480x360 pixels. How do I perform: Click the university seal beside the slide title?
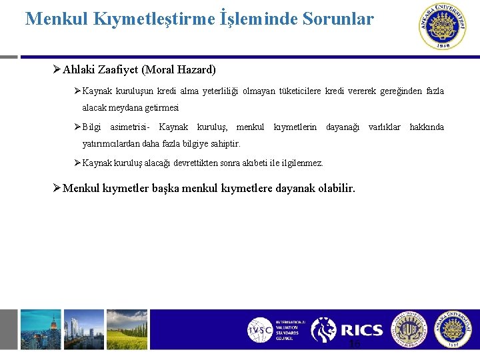click(x=443, y=27)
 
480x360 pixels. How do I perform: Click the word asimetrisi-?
click(x=130, y=127)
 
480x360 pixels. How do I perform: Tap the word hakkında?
click(x=427, y=127)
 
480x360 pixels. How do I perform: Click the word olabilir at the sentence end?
click(x=335, y=189)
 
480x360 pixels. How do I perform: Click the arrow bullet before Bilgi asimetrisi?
click(x=77, y=127)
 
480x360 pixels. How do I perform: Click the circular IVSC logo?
click(x=259, y=330)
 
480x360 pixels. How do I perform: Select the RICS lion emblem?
click(x=324, y=330)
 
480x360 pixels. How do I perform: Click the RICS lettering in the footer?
click(x=362, y=330)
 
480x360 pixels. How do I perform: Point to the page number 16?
click(x=354, y=343)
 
